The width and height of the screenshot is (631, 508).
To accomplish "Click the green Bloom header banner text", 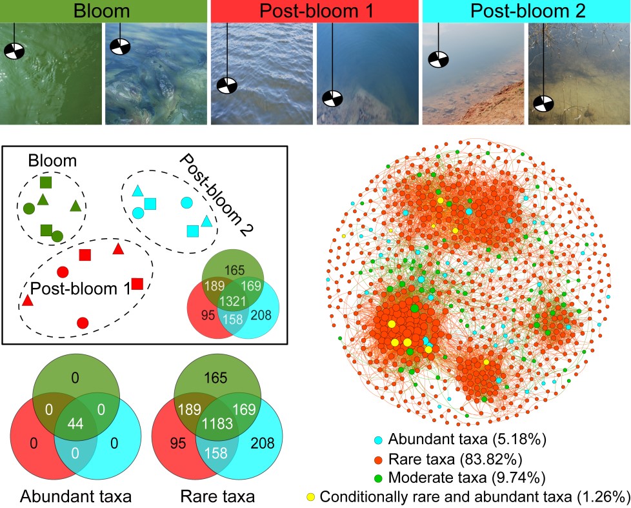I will (104, 10).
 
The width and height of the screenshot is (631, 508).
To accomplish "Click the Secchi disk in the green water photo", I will (14, 51).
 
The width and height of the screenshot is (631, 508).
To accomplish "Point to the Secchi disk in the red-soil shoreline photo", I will (438, 59).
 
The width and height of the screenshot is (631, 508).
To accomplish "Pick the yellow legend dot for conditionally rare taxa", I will (310, 496).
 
